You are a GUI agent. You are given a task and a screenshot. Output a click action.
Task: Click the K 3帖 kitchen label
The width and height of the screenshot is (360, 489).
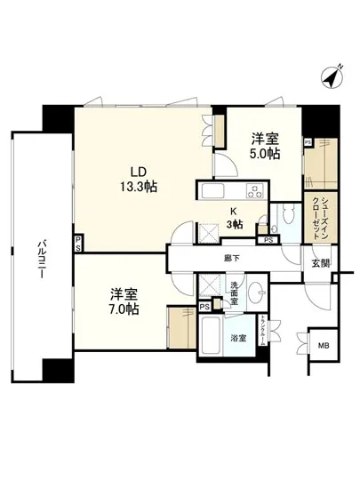click(234, 218)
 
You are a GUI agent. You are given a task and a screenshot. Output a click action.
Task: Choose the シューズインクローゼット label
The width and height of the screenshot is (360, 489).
click(316, 216)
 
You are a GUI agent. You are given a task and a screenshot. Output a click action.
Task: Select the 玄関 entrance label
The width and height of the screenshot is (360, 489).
click(319, 263)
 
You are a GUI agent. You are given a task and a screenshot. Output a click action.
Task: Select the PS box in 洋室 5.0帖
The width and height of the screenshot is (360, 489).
click(308, 141)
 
